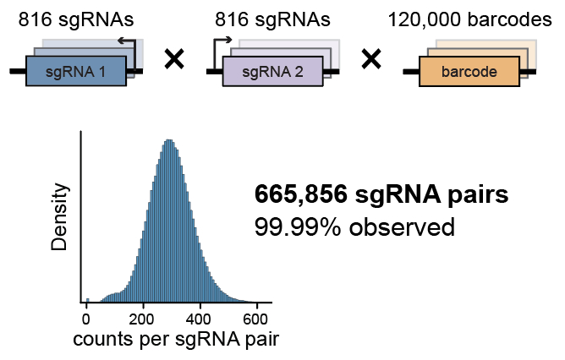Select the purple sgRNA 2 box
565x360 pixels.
[272, 73]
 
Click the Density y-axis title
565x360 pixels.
[60, 218]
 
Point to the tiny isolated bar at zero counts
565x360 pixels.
[87, 300]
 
